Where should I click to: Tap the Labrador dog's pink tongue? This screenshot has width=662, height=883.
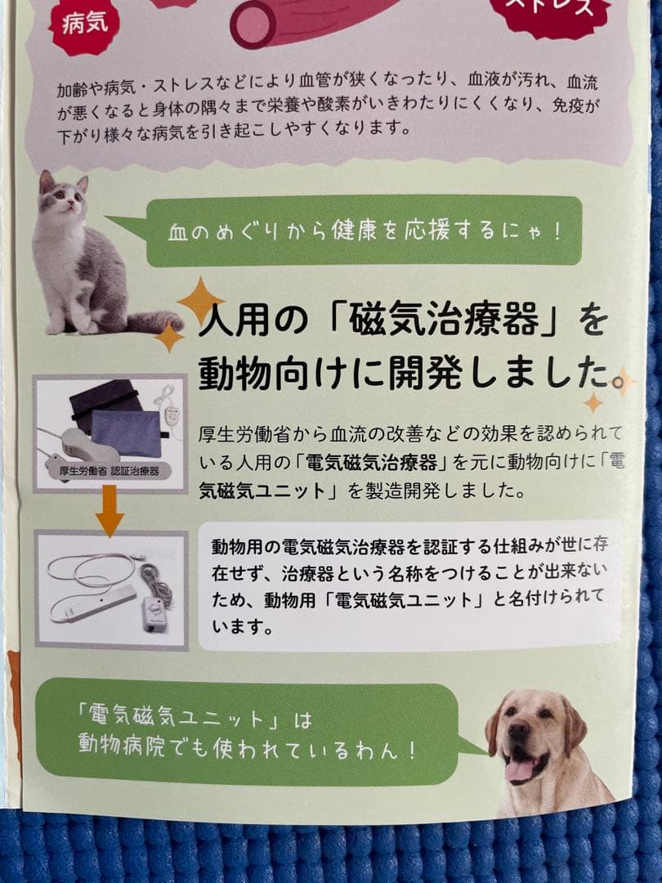[x=519, y=768]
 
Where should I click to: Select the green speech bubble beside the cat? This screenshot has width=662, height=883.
[x=360, y=231]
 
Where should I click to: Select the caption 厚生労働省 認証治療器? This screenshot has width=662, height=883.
[x=109, y=471]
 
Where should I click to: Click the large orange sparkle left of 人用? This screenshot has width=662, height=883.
[x=199, y=299]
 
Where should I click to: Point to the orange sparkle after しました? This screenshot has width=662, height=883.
[x=624, y=380]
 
